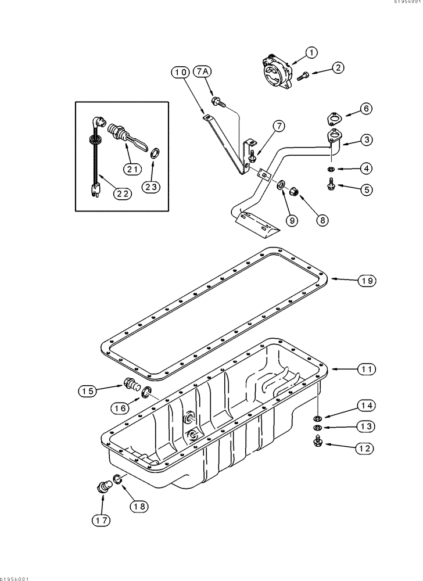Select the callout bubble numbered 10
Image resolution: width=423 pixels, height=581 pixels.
pyautogui.click(x=181, y=72)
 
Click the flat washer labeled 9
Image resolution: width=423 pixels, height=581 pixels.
pyautogui.click(x=281, y=185)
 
